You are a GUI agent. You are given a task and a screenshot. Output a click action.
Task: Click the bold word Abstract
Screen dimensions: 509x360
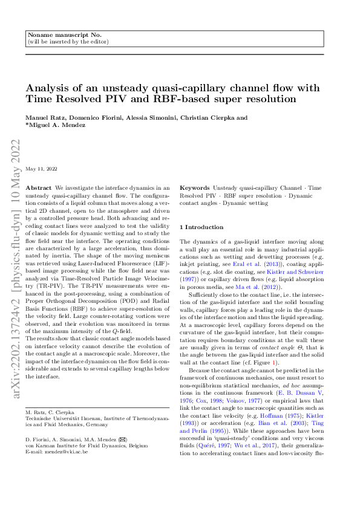pyautogui.click(x=40, y=188)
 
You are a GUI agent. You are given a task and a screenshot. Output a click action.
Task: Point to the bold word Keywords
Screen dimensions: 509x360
pyautogui.click(x=194, y=188)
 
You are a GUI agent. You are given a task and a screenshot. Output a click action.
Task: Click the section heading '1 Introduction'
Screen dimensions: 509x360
pyautogui.click(x=202, y=227)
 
